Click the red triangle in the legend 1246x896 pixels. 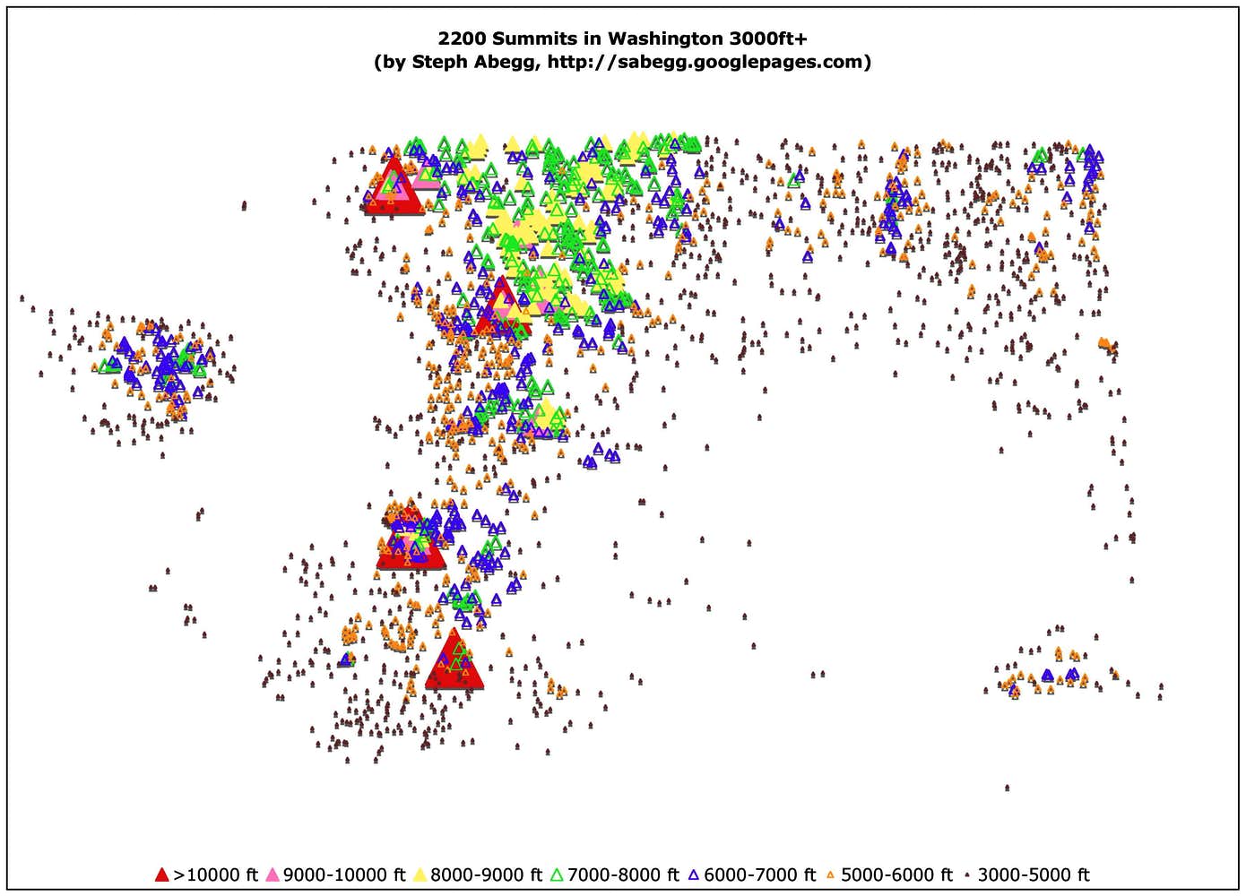161,874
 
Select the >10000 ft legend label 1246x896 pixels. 215,874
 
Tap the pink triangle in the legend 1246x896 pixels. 273,874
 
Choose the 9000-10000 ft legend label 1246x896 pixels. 344,874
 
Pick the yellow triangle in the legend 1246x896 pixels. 420,874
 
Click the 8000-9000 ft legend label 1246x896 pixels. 485,874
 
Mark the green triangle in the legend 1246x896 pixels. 557,874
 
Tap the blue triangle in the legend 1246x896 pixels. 694,874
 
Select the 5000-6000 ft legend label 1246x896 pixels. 896,874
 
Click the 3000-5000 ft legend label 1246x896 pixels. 1034,874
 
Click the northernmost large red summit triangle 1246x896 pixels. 392,186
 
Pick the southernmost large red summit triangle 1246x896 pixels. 454,661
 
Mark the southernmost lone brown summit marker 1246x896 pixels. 1007,788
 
